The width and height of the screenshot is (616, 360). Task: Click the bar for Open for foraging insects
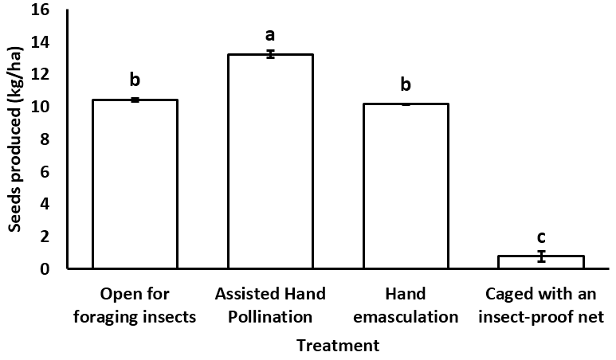135,184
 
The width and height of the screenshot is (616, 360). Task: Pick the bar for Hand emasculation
406,186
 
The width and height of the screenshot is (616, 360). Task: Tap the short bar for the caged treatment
541,262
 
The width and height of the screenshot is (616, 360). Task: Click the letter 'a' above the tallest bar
270,34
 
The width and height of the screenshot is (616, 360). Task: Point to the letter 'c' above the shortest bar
541,237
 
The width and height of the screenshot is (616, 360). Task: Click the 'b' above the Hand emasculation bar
406,84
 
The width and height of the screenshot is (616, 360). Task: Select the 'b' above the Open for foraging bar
135,80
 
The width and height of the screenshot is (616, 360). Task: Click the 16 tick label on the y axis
40,10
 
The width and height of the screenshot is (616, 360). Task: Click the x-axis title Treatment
338,346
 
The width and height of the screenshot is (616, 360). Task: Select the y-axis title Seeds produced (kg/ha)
14,139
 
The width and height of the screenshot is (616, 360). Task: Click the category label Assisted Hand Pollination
270,305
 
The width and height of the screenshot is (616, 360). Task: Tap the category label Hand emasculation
406,305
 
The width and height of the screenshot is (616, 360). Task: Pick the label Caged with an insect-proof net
541,305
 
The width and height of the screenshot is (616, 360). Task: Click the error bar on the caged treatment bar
541,256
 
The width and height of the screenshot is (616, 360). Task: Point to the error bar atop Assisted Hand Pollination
270,54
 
